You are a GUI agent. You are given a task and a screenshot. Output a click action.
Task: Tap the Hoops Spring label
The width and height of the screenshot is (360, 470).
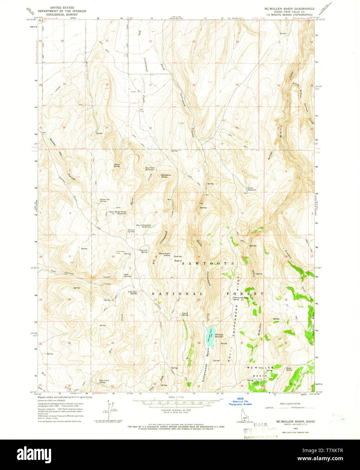pyautogui.click(x=117, y=165)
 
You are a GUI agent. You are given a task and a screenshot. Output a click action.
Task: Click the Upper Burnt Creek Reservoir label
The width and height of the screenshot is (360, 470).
pyautogui.click(x=117, y=213)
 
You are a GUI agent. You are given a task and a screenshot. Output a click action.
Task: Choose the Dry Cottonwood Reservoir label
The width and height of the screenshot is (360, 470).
pyautogui.click(x=143, y=226)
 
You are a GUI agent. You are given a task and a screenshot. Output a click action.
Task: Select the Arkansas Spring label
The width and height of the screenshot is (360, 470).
pyautogui.click(x=132, y=293)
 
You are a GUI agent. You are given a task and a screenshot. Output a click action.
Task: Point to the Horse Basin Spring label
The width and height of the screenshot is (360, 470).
pyautogui.click(x=164, y=254)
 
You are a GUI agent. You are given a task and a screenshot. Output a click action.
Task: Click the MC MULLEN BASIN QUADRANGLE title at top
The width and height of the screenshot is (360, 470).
pyautogui.click(x=290, y=9)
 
